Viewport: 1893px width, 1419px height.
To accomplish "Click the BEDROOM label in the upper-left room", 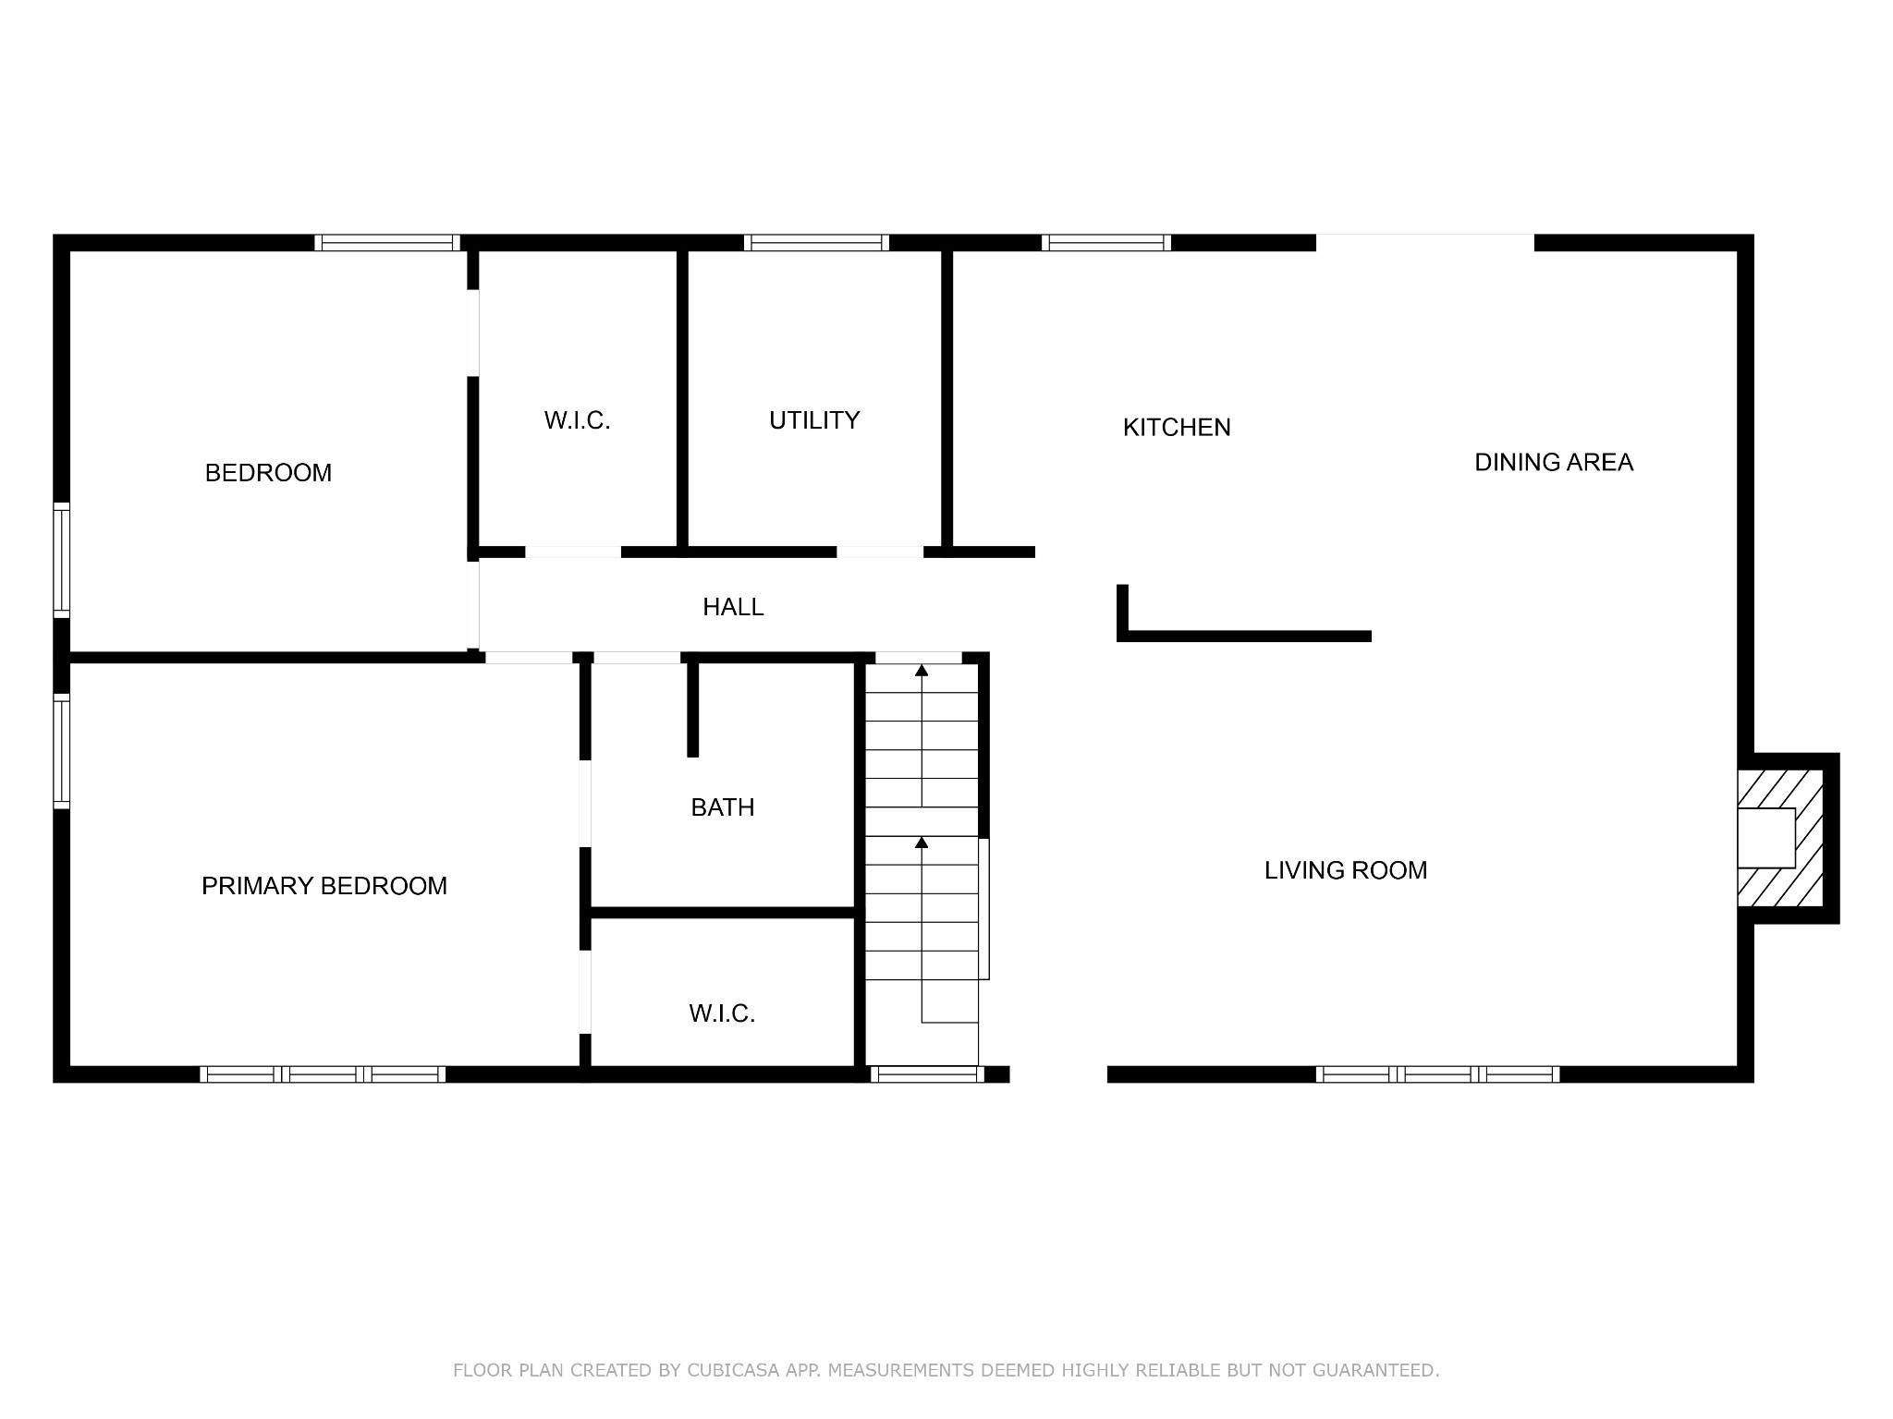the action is coord(268,473).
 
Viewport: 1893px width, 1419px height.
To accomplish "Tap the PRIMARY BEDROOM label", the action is coord(324,886).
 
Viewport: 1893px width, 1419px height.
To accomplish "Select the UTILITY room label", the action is coord(814,420).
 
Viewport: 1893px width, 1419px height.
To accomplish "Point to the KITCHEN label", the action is coord(1177,428).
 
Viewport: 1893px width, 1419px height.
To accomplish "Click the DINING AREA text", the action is coord(1554,462).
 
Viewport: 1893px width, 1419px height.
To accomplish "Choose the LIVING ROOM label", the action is coord(1346,870).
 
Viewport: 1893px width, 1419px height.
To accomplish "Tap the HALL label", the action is coord(733,607).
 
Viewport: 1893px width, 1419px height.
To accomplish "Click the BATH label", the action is coord(723,807).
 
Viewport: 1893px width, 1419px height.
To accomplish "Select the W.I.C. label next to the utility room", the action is coord(578,421).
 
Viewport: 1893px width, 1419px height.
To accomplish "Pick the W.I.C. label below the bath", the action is coord(722,1014).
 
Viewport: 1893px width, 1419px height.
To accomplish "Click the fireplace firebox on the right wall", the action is coord(1766,838).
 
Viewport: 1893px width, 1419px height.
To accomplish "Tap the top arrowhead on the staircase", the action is coord(922,670).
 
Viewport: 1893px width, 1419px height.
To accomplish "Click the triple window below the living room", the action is coord(1437,1074).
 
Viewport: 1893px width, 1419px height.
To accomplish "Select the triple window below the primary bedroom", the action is coord(323,1074).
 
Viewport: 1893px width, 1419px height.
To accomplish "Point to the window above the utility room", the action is coord(816,243).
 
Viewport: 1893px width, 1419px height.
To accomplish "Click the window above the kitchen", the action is coord(1106,243).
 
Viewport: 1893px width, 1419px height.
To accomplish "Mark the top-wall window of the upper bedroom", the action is coord(387,243).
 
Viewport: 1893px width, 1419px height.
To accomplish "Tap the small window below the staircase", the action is coord(927,1074).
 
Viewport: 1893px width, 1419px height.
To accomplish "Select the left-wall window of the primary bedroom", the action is coord(61,751).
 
